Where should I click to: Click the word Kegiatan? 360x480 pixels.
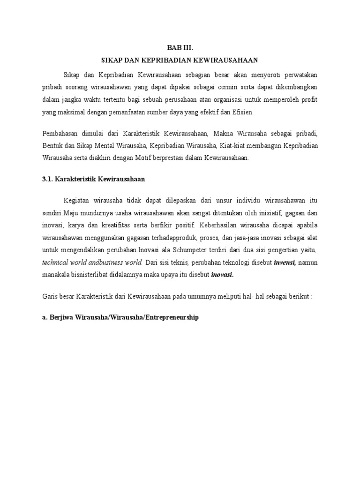coord(77,201)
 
